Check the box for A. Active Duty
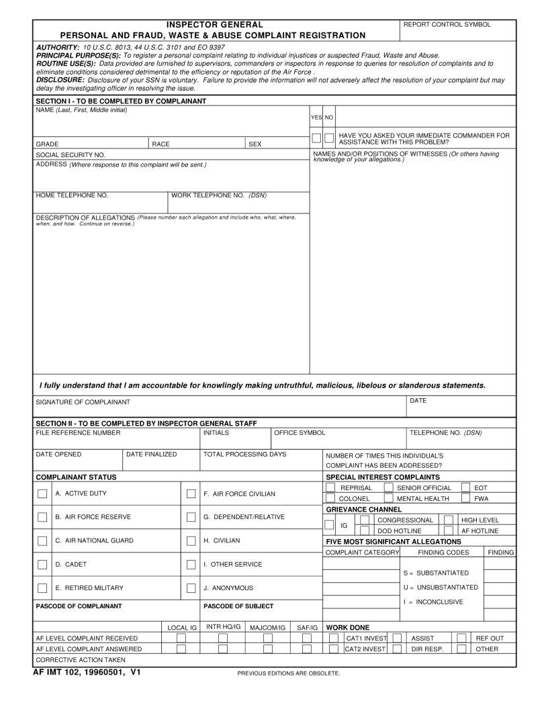(42, 494)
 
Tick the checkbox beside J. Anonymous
(191, 588)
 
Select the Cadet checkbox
(42, 565)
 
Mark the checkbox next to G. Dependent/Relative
(191, 518)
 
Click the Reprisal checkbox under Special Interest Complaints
(330, 487)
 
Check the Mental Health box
(388, 498)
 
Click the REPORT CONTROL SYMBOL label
(447, 25)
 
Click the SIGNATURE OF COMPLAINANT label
(83, 402)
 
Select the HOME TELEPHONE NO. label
(72, 195)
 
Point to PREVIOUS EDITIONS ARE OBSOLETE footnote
(289, 673)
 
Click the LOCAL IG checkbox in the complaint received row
(181, 638)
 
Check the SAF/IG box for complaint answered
(307, 649)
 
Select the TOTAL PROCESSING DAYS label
(244, 455)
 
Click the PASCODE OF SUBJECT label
(238, 606)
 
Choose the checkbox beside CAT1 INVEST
(334, 638)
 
